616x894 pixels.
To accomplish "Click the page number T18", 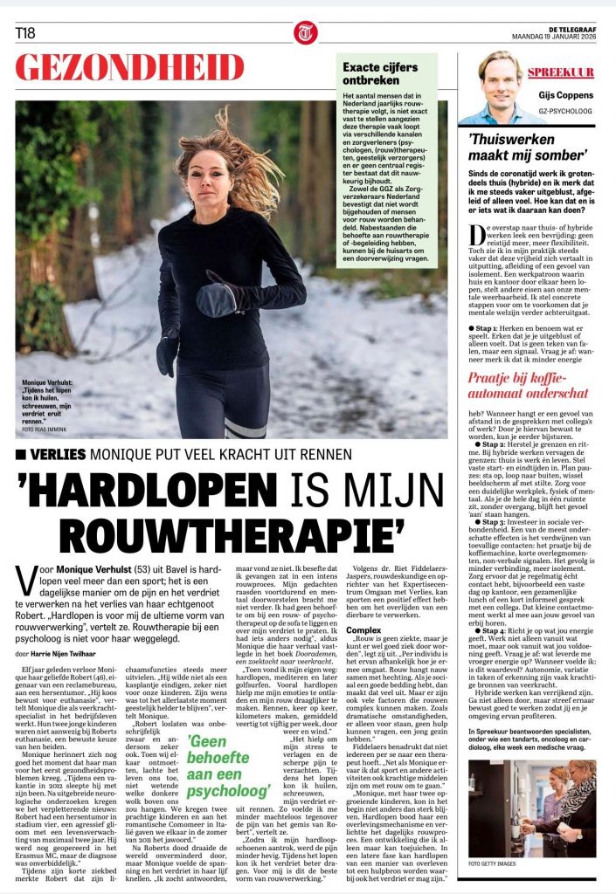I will click(25, 33).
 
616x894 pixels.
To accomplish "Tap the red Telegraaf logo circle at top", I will click(306, 32).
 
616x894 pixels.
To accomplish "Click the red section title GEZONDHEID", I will click(129, 67).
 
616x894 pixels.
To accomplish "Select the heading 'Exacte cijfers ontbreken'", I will click(384, 72).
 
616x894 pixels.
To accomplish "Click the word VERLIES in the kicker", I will click(59, 455).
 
